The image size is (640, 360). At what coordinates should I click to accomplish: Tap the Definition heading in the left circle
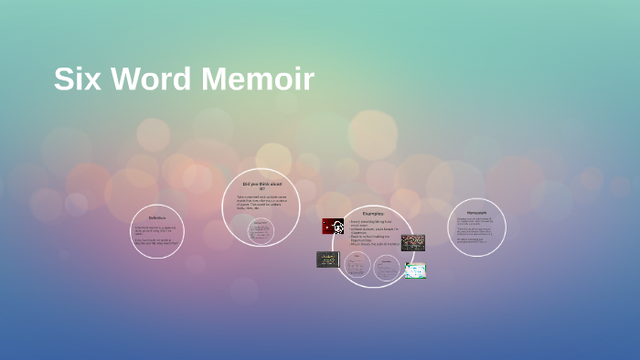157,217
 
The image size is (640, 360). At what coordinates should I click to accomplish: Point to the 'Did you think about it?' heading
261,185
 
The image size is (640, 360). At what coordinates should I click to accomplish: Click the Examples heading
372,212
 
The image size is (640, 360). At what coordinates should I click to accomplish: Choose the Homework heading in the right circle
476,212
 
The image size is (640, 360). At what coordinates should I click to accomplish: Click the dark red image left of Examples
333,227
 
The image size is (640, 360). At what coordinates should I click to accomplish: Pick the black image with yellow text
327,259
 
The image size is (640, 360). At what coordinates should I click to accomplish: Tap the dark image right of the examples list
412,242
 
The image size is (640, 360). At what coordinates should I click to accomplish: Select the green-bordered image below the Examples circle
415,270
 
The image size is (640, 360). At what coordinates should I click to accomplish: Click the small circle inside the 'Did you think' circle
261,231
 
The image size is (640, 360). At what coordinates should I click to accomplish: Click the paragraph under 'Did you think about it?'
261,202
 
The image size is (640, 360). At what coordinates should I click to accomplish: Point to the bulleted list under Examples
373,232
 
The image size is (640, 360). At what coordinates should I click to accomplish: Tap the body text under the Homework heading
476,230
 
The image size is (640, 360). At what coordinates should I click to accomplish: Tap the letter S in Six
63,79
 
